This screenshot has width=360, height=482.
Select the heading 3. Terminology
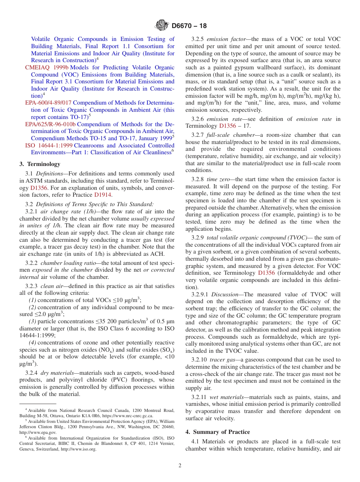(x=40, y=164)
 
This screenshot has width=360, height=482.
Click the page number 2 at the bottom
(x=180, y=466)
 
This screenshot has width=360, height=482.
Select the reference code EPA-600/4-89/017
(x=48, y=103)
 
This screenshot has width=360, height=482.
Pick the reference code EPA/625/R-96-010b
(x=50, y=124)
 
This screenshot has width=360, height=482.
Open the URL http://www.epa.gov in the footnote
(x=38, y=432)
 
